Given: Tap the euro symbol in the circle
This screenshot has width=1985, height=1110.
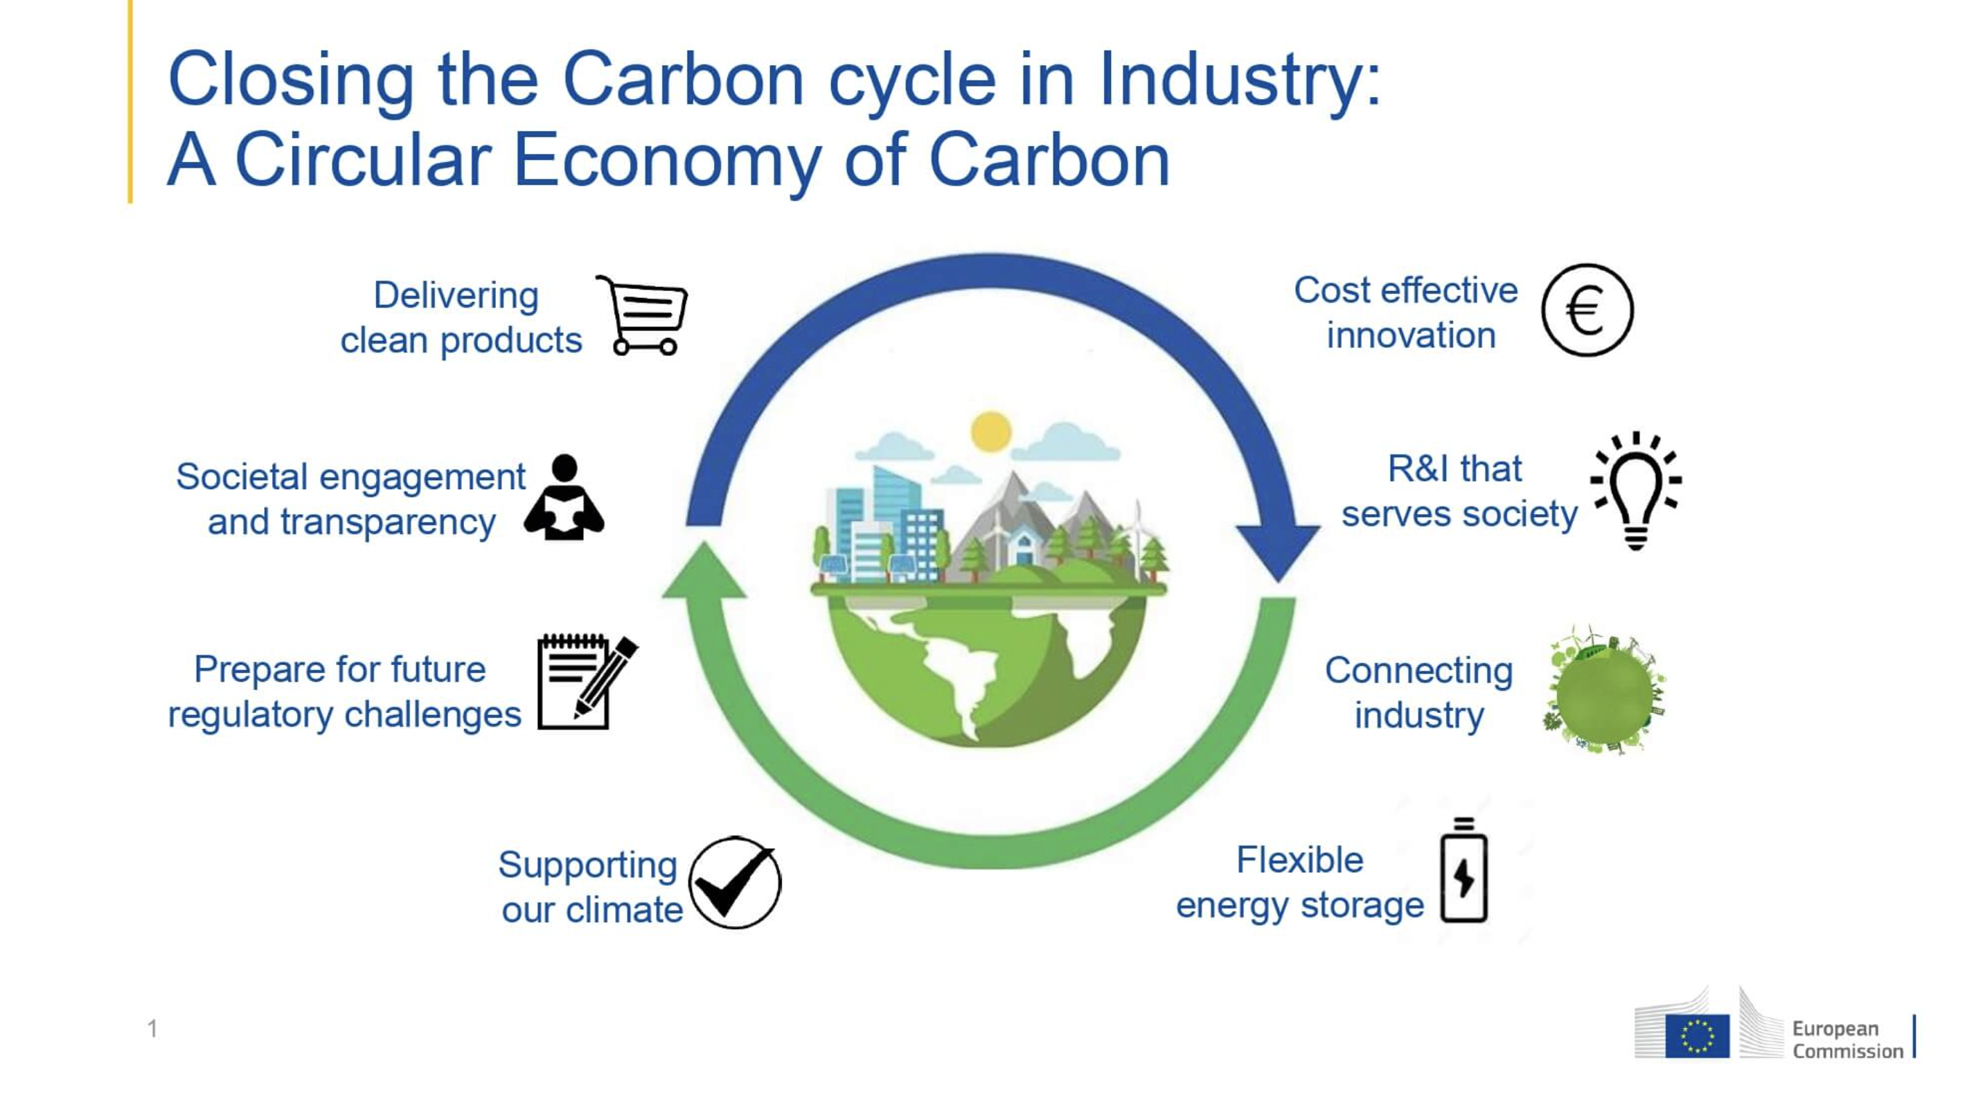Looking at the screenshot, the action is [1587, 310].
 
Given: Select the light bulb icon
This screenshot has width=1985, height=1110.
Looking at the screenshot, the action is [1636, 491].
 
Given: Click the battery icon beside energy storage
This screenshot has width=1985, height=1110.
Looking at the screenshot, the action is [1463, 870].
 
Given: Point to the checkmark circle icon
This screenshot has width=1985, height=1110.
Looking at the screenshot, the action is [734, 882].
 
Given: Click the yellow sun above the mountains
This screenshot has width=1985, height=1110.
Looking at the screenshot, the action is [991, 432].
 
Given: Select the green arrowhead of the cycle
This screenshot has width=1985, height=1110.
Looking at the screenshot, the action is [704, 570].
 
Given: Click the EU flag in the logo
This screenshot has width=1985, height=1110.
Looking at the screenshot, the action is [1697, 1036].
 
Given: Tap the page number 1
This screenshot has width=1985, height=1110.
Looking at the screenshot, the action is [152, 1028].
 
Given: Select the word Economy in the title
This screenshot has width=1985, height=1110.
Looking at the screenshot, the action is [667, 160].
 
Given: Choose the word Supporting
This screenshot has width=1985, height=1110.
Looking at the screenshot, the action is [588, 865].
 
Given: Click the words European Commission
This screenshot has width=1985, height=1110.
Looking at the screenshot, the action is [1847, 1040].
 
